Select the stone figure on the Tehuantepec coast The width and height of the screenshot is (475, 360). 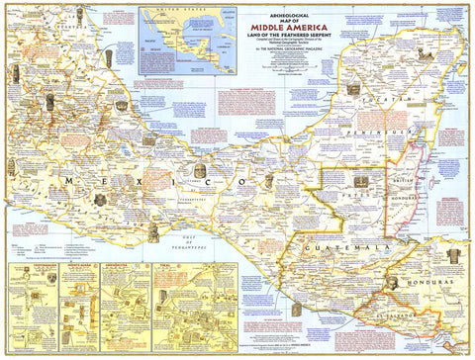click(x=153, y=233)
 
